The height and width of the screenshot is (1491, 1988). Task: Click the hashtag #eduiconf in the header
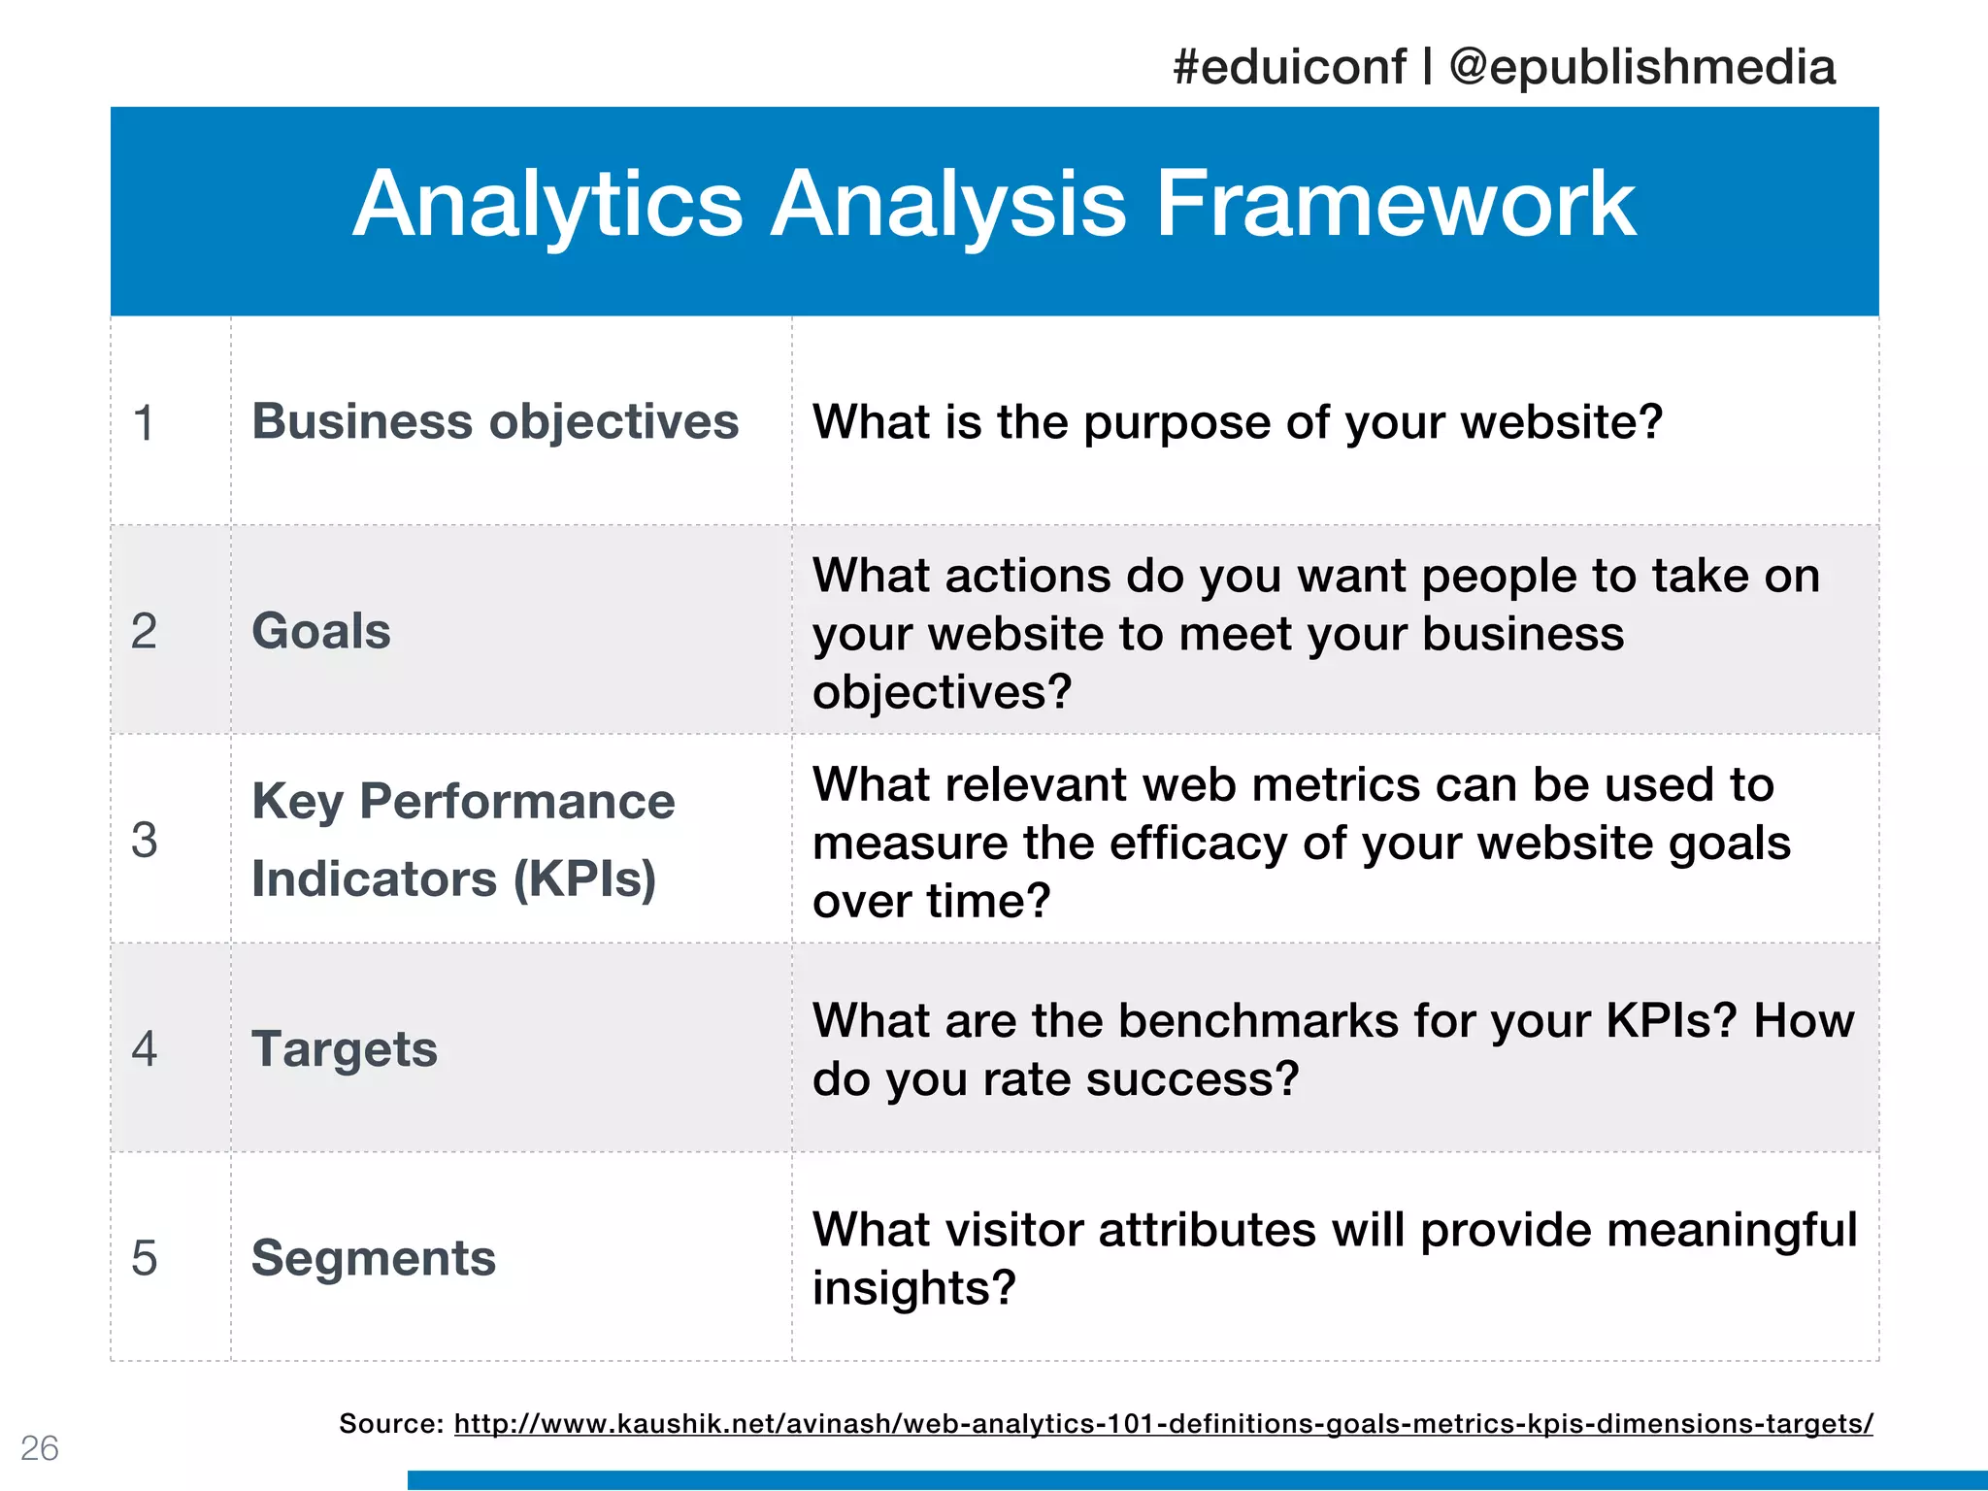click(1288, 68)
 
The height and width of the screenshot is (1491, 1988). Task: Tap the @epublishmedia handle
click(1641, 68)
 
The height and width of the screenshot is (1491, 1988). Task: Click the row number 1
click(144, 423)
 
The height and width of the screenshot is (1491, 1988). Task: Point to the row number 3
click(144, 840)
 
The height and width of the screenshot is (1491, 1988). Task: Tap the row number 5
click(144, 1258)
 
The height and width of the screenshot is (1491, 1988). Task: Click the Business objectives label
click(495, 422)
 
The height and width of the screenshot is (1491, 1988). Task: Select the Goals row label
click(321, 631)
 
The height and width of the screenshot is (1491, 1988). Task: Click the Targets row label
click(345, 1049)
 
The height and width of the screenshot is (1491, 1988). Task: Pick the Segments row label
click(374, 1258)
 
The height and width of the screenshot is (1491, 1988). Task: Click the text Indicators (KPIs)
click(453, 879)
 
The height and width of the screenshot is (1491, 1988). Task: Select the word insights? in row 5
click(913, 1289)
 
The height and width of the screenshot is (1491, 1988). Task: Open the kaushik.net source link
click(1163, 1424)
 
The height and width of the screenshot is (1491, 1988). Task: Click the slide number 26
click(40, 1448)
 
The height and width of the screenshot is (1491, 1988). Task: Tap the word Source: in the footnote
click(391, 1424)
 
